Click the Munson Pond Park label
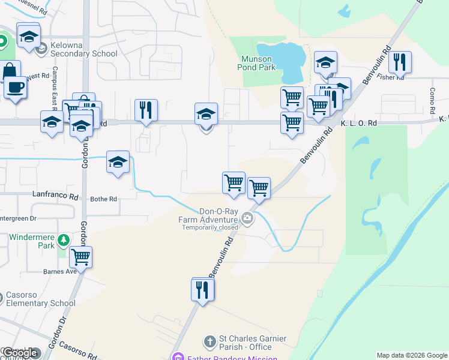tap(258, 63)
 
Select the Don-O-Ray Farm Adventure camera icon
tap(248, 220)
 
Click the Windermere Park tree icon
tap(63, 241)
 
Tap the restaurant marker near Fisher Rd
tap(399, 62)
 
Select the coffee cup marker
tap(15, 87)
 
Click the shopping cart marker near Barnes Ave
tap(80, 257)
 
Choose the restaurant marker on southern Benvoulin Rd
tap(203, 290)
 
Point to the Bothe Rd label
tap(103, 199)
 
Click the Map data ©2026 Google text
tap(412, 355)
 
